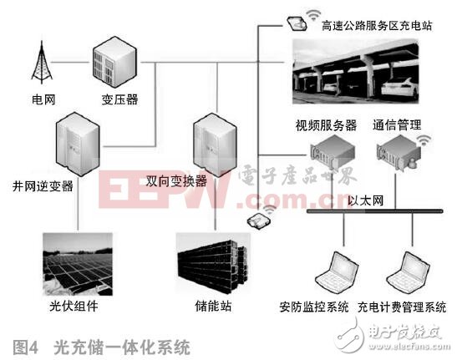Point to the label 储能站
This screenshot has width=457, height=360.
coord(216,307)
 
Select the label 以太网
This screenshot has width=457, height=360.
coord(363,201)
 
